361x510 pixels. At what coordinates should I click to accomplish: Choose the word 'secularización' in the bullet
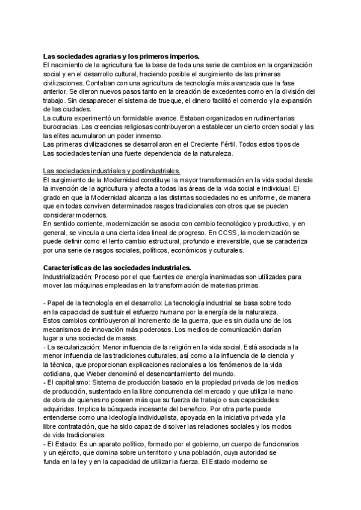click(x=79, y=347)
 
